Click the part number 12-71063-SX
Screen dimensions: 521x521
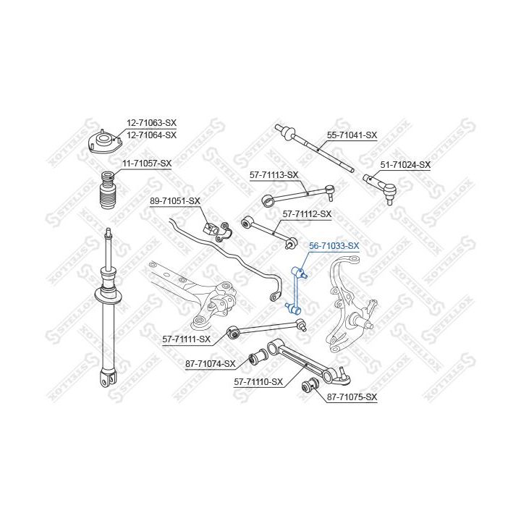pyautogui.click(x=151, y=123)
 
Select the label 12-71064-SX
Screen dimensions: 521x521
pyautogui.click(x=151, y=135)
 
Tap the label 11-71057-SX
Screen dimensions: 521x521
pyautogui.click(x=147, y=164)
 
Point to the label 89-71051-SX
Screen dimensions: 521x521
pyautogui.click(x=175, y=201)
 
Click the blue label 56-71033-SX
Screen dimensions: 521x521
pyautogui.click(x=334, y=246)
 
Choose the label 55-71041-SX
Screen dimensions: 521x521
pyautogui.click(x=352, y=135)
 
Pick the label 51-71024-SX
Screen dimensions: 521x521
pyautogui.click(x=405, y=164)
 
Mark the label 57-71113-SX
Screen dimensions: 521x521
pyautogui.click(x=274, y=175)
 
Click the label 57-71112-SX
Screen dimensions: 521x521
pyautogui.click(x=307, y=214)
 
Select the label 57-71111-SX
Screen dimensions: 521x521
pyautogui.click(x=187, y=339)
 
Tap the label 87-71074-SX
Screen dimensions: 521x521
pyautogui.click(x=211, y=364)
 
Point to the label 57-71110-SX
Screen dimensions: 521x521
pyautogui.click(x=258, y=382)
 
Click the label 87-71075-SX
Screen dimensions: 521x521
pyautogui.click(x=352, y=397)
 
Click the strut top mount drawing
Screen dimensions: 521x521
pyautogui.click(x=105, y=143)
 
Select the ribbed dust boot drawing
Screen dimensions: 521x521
pyautogui.click(x=107, y=190)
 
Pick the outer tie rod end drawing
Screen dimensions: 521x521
pyautogui.click(x=380, y=188)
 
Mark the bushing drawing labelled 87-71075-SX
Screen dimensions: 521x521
pyautogui.click(x=310, y=385)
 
